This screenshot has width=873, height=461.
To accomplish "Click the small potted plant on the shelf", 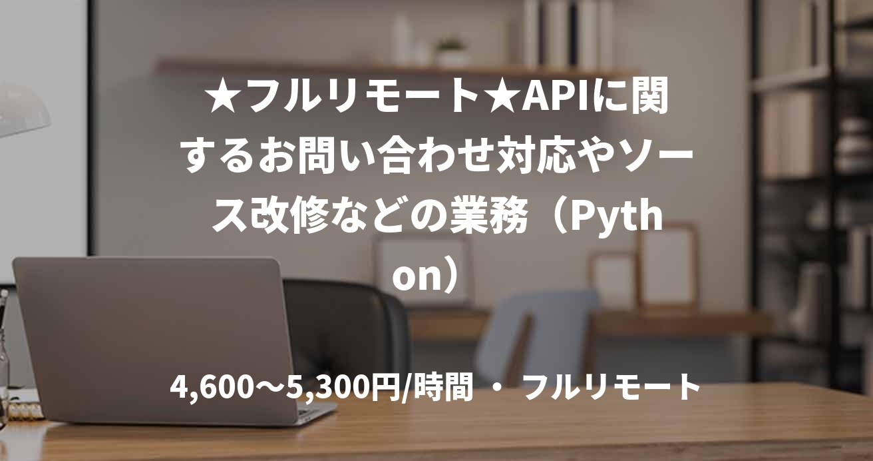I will pos(451,52).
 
